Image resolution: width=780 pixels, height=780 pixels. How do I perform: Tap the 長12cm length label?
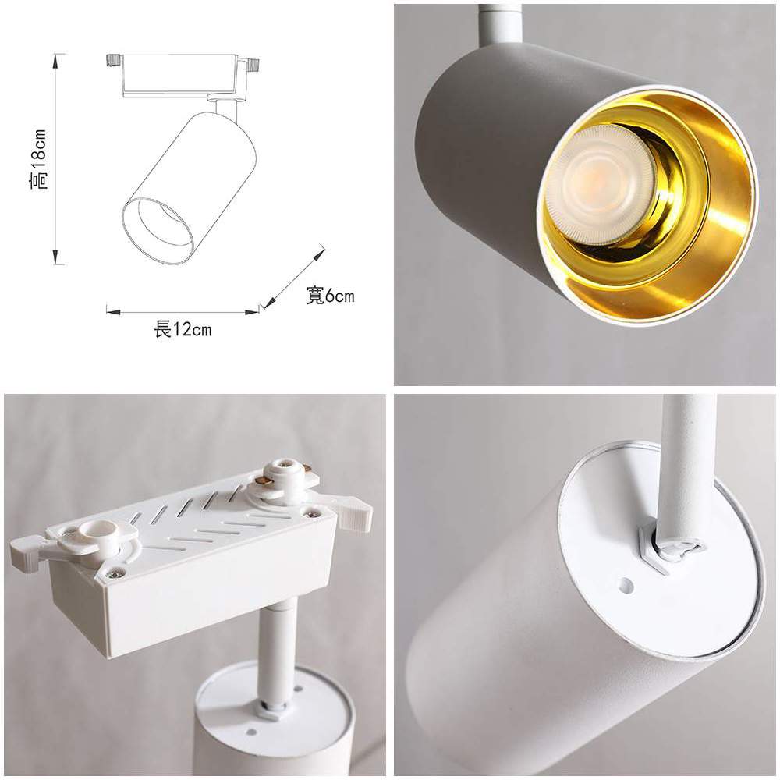tap(183, 329)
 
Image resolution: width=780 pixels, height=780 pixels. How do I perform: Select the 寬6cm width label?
tap(330, 296)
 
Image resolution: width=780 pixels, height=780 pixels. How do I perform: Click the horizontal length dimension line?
tap(183, 312)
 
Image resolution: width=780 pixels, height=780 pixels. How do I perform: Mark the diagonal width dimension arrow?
tap(294, 277)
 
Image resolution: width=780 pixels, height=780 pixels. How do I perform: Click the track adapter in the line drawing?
tap(183, 75)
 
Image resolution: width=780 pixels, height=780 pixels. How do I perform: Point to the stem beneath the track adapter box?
tap(277, 647)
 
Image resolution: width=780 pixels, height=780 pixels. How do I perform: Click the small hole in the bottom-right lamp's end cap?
tap(626, 583)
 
